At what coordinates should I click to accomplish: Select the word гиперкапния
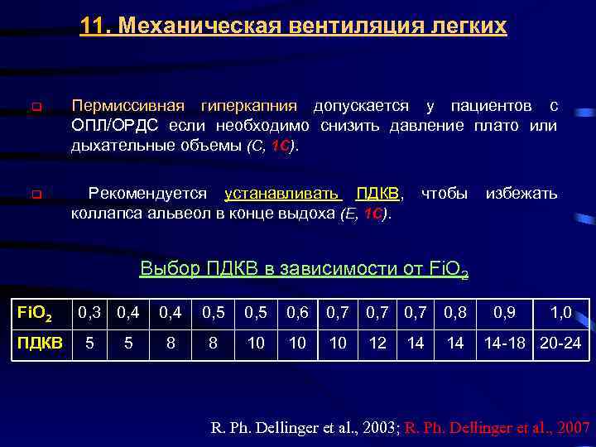[x=248, y=106]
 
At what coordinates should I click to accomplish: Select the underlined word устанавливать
[x=282, y=194]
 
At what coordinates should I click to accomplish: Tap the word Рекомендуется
[x=148, y=194]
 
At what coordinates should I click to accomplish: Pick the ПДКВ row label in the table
[x=41, y=342]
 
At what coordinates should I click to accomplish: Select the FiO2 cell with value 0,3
[x=89, y=314]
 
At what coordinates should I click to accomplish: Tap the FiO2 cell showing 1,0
[x=560, y=314]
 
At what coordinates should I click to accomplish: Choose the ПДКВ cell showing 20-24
[x=560, y=342]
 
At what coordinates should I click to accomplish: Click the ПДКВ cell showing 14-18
[x=503, y=342]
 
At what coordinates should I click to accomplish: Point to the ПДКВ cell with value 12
[x=377, y=342]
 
